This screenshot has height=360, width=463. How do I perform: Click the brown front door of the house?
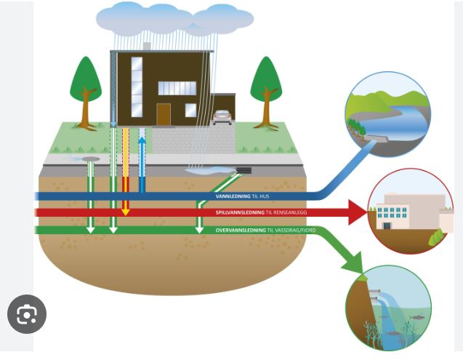point(164,113)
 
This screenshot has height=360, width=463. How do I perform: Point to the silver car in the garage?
point(222,117)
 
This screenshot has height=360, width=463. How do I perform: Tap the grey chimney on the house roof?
point(146,46)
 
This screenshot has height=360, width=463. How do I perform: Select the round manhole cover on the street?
point(91,157)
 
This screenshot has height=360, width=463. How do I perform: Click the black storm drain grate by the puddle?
point(244,172)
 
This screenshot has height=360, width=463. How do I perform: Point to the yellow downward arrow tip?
point(125,212)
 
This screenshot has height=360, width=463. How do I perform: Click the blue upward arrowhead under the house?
point(142,139)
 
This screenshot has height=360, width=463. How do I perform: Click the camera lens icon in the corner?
point(27,315)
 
